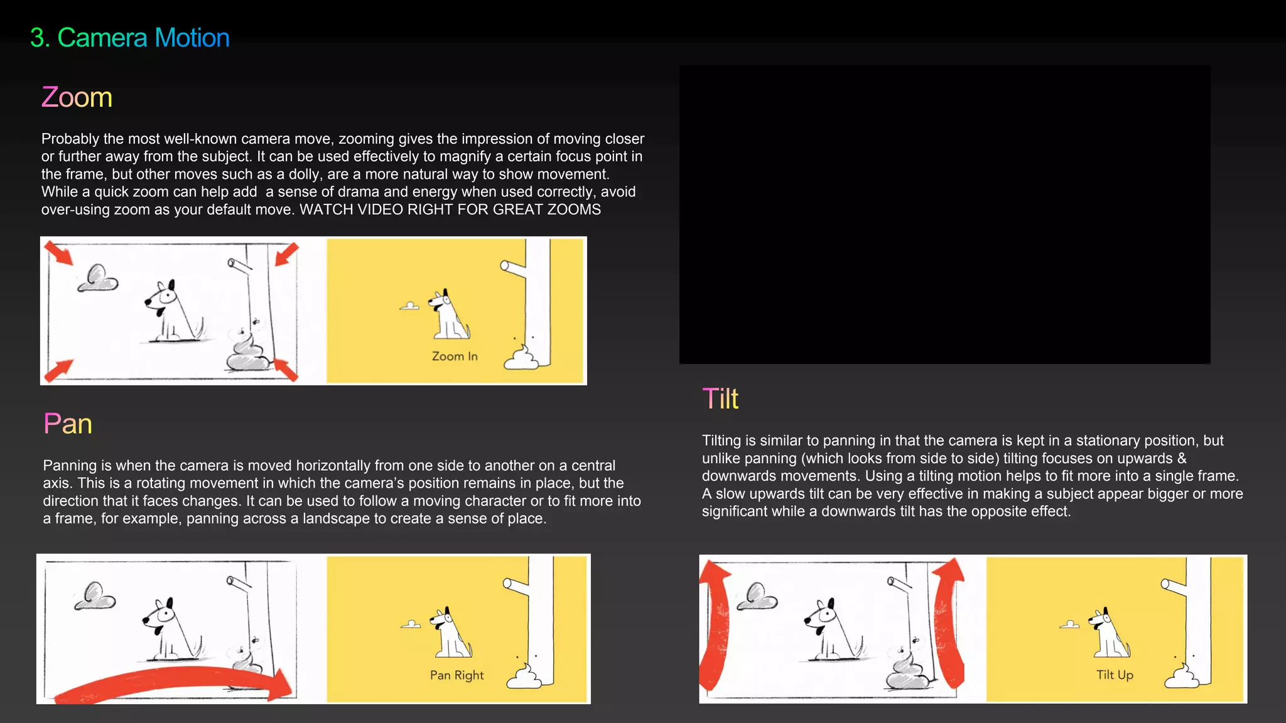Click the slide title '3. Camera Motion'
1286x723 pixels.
pos(130,38)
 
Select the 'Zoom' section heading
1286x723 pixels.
pos(77,97)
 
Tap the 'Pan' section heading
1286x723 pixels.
pos(68,424)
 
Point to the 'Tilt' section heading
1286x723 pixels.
pos(720,399)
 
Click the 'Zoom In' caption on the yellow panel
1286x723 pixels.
pos(455,356)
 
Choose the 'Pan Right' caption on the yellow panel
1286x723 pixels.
pos(457,675)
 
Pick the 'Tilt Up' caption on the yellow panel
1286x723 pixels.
pos(1115,675)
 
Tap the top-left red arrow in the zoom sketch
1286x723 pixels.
pos(58,253)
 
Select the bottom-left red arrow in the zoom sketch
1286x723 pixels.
pos(59,370)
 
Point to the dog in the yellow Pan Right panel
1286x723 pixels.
pos(450,632)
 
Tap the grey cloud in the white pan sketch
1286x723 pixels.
pos(95,596)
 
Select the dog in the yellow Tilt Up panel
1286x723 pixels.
pos(1109,632)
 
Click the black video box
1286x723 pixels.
pos(944,215)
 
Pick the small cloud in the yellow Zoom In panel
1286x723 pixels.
pos(409,306)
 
